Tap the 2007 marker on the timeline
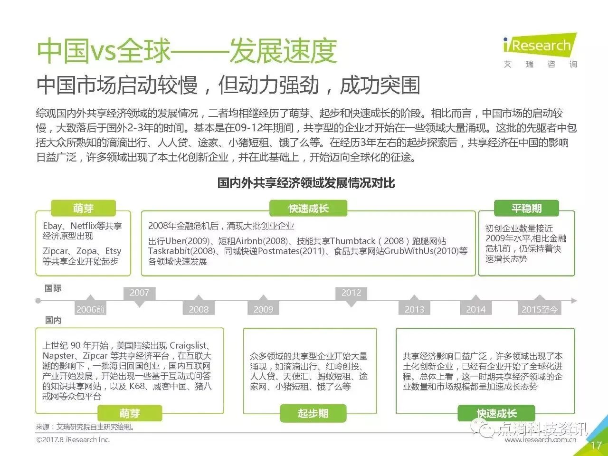[x=139, y=293]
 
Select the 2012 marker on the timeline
[x=351, y=293]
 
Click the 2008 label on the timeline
[x=199, y=309]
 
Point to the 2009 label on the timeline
[x=263, y=309]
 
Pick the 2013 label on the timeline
[x=414, y=309]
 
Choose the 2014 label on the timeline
[x=475, y=309]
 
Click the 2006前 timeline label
[x=90, y=309]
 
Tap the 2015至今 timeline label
[x=540, y=309]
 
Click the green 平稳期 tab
[x=526, y=209]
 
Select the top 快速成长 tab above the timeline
[x=308, y=209]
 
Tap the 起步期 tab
[x=313, y=414]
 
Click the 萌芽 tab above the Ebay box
[x=83, y=209]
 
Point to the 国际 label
[x=53, y=288]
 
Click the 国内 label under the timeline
[x=53, y=320]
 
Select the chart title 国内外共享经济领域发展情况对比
[x=306, y=183]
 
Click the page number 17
[x=596, y=446]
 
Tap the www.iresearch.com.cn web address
[x=540, y=440]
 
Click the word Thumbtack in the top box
[x=352, y=241]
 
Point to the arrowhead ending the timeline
[x=574, y=301]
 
